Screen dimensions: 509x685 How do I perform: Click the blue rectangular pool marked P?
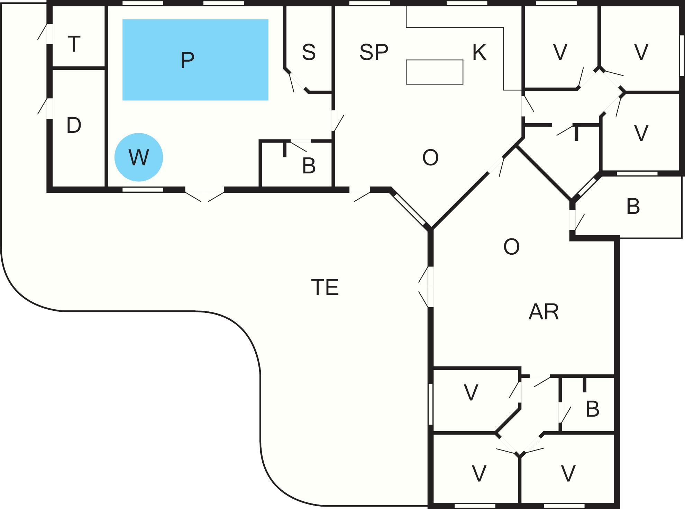pos(195,60)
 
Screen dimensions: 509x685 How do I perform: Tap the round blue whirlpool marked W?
pos(139,157)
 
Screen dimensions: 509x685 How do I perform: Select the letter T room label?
pos(74,44)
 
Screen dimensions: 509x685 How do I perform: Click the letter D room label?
pos(74,125)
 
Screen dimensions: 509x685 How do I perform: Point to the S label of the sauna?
pos(309,52)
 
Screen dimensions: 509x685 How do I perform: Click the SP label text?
pos(374,52)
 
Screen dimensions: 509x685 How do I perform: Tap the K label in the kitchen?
pos(479,52)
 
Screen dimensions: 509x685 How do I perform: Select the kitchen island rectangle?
pos(434,72)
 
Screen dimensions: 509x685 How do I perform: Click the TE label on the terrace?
pos(325,287)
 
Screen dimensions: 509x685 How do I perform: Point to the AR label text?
pos(544,312)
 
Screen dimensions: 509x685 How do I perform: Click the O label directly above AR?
pos(511,247)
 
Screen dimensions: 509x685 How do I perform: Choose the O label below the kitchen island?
pos(430,158)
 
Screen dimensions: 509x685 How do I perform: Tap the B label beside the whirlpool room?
pos(309,166)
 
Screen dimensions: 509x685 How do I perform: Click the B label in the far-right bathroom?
pos(633,207)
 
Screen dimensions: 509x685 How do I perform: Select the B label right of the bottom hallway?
pos(592,409)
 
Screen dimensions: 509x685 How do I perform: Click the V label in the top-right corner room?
pos(641,52)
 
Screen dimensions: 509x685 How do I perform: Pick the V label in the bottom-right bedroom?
pos(568,473)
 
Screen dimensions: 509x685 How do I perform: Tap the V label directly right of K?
pos(560,52)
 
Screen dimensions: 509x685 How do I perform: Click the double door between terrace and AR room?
pos(429,287)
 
